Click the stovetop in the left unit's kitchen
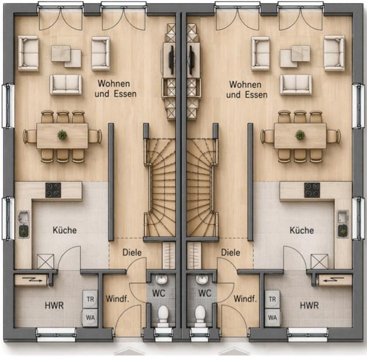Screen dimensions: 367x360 [53, 190]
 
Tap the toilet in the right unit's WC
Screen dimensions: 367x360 [200, 315]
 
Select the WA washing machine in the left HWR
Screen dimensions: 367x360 [89, 318]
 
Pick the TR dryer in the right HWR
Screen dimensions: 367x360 [272, 299]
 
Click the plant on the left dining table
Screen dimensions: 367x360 [63, 135]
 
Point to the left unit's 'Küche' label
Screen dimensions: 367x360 [65, 230]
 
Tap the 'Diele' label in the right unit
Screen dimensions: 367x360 [231, 252]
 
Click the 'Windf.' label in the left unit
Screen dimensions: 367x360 [117, 299]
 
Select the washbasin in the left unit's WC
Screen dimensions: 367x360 [161, 279]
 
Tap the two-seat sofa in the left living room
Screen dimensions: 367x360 [66, 85]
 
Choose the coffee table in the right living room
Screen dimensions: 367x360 [295, 56]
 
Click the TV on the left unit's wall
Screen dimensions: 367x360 [172, 60]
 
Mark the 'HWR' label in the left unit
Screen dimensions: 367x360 [54, 306]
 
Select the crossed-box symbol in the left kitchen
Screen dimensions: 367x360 [46, 261]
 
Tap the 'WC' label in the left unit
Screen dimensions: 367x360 [158, 293]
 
